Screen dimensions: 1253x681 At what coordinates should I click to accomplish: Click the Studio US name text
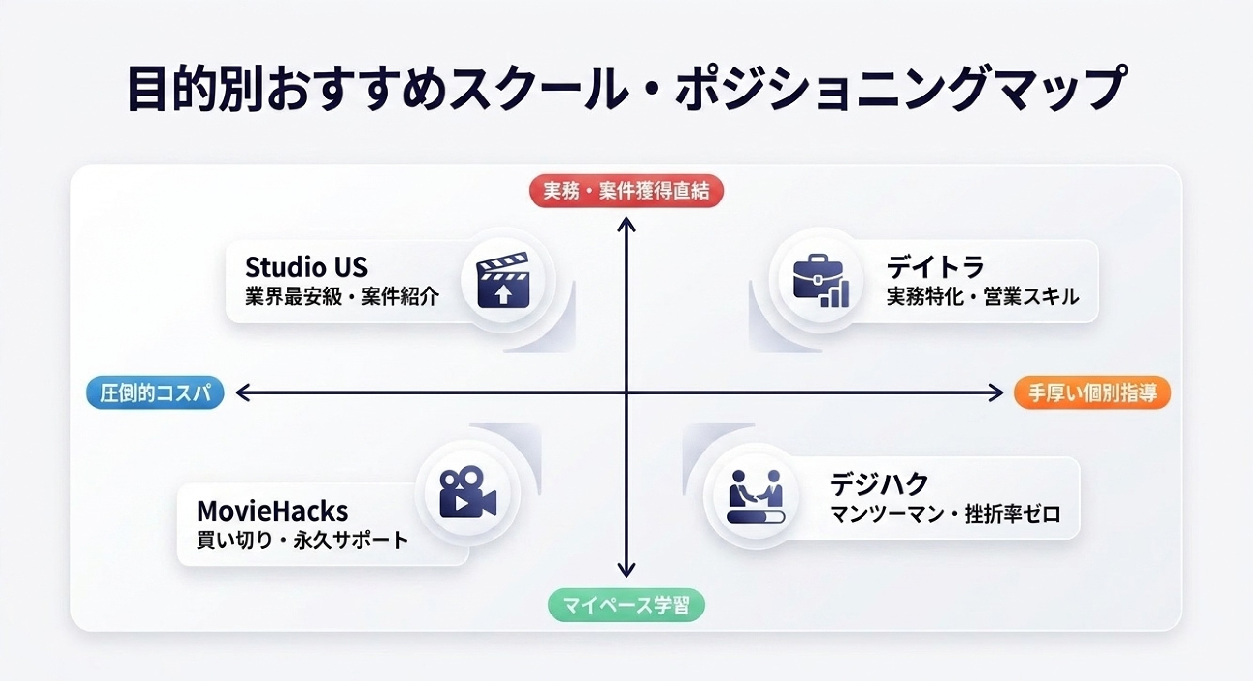pyautogui.click(x=306, y=267)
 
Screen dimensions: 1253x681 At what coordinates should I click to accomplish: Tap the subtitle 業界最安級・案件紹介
pyautogui.click(x=342, y=296)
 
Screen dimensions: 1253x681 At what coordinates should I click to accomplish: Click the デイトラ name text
pyautogui.click(x=935, y=267)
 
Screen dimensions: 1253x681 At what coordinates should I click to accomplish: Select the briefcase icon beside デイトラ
pyautogui.click(x=821, y=280)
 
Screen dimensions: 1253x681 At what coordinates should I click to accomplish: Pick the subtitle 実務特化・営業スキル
pyautogui.click(x=983, y=296)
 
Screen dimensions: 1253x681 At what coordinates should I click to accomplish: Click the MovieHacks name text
pyautogui.click(x=272, y=511)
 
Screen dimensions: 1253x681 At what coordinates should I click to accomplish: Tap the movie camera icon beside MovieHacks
pyautogui.click(x=467, y=492)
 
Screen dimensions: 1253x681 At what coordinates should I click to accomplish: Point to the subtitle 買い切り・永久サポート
pyautogui.click(x=302, y=540)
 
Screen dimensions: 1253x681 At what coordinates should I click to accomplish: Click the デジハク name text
pyautogui.click(x=879, y=484)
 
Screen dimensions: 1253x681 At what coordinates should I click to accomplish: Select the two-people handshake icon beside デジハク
pyautogui.click(x=756, y=496)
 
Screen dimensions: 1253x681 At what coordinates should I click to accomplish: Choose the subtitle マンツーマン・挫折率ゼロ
pyautogui.click(x=945, y=514)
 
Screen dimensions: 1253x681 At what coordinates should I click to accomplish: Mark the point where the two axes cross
pyautogui.click(x=627, y=392)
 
